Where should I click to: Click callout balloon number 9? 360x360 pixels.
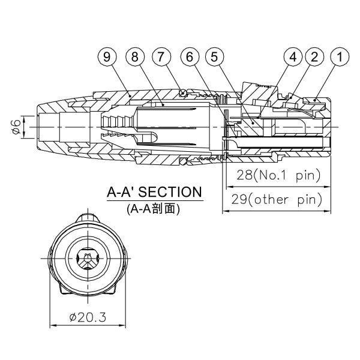click(x=106, y=58)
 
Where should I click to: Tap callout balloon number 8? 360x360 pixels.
click(x=136, y=58)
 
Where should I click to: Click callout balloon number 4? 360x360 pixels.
click(x=293, y=58)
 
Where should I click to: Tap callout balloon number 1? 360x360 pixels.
click(x=340, y=58)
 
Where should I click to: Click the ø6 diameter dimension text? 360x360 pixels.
click(x=16, y=127)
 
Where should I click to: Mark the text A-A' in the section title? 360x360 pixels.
click(x=120, y=193)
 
